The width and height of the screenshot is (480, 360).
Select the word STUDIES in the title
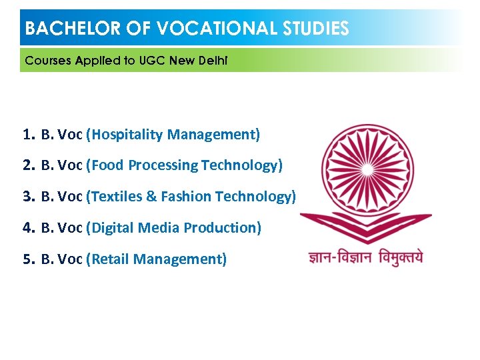coord(316,29)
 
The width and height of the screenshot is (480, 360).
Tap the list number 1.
coord(27,135)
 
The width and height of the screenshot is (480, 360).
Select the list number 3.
coord(27,197)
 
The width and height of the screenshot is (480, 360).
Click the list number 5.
coord(27,259)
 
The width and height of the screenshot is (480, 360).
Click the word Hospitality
coord(127,135)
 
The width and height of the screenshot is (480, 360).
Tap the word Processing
coord(163,165)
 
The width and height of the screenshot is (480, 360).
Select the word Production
coord(220,228)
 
